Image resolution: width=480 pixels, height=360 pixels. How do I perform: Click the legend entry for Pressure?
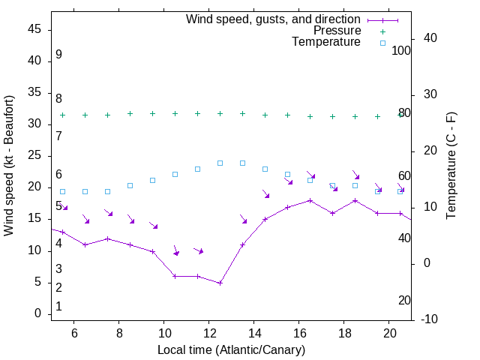pos(337,31)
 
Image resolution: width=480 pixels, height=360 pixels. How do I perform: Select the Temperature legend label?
pos(326,42)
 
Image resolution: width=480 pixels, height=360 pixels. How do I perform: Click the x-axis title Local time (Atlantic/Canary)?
pos(231,349)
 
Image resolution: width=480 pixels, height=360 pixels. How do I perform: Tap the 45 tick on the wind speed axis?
pos(36,29)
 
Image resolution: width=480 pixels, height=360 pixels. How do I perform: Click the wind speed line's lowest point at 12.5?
pos(220,283)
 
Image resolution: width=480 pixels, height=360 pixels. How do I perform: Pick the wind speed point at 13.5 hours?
pos(242,244)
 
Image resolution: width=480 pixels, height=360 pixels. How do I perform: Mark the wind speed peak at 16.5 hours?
pos(310,200)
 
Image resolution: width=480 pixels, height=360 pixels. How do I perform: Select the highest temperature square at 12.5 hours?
pos(220,163)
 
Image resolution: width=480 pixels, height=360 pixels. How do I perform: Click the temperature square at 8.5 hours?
pos(130,185)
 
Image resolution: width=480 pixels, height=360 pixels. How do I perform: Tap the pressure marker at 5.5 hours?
pos(62,115)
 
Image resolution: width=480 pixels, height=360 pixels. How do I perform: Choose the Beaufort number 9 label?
pos(58,55)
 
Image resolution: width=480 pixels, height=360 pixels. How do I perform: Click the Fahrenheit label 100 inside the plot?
pos(401,50)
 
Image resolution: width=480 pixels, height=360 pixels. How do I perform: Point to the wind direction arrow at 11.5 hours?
pos(198,250)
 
